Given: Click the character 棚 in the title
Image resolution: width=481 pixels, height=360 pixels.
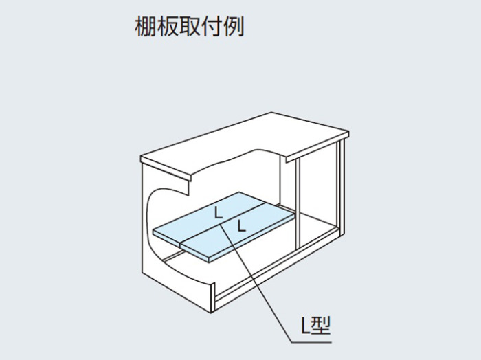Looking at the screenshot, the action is [x=146, y=26].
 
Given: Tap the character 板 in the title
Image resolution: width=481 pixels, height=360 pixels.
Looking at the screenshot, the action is [x=168, y=26].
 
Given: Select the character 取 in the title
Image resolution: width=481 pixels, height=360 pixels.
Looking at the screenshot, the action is [x=190, y=26].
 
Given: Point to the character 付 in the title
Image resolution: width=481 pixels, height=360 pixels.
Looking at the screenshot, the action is [x=212, y=26].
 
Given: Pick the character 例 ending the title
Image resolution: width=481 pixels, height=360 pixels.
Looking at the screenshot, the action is [x=234, y=26].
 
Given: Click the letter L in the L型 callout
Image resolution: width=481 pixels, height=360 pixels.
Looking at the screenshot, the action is [x=306, y=326].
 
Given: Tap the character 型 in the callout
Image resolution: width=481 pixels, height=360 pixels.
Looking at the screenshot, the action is [x=321, y=326].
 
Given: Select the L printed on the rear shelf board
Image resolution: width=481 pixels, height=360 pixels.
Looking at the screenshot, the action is [x=218, y=212].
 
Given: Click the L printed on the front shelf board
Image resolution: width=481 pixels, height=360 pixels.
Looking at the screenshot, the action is [x=242, y=226].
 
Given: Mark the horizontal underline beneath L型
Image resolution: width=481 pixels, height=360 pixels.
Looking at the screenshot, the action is [x=311, y=342].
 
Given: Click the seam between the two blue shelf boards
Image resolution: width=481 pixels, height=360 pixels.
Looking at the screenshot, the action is [x=223, y=223].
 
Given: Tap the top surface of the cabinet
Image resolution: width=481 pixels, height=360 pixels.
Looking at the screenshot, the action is [x=245, y=144].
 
